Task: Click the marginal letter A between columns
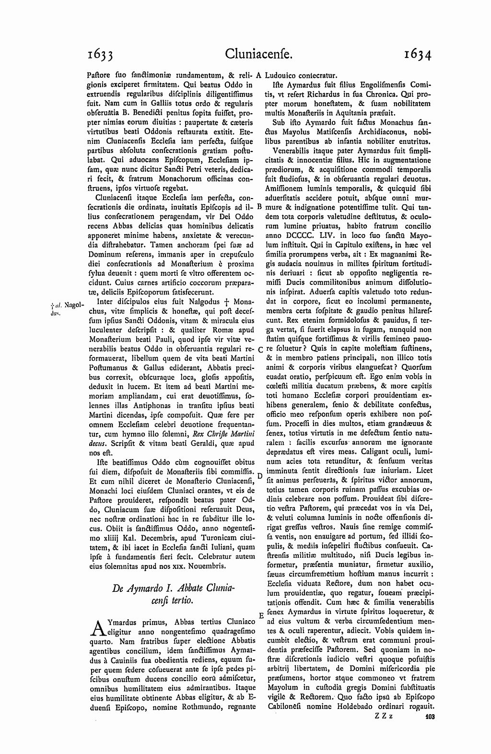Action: click(259, 75)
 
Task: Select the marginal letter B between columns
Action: click(259, 207)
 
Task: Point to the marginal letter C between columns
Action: click(259, 349)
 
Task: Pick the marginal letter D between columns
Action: click(259, 475)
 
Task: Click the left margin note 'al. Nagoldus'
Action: click(64, 307)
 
